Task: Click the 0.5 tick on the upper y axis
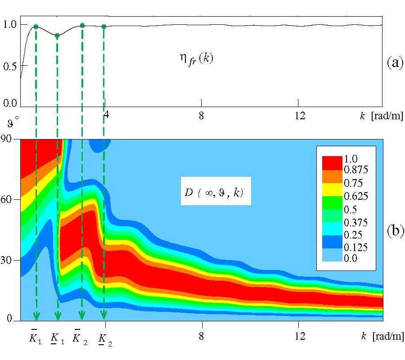(x=9, y=65)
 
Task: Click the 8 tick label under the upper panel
(x=201, y=115)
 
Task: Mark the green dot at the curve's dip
(x=57, y=36)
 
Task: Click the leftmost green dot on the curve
(x=36, y=27)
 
